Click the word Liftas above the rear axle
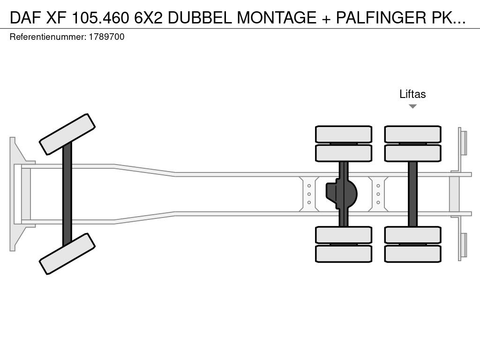pos(412,94)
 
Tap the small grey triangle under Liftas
pos(412,106)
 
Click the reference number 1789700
pos(106,37)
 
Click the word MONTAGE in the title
pos(277,17)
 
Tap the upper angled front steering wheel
pos(67,135)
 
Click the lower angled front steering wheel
pos(67,254)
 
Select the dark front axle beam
pos(67,194)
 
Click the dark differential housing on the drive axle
pos(341,194)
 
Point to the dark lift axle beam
pos(412,194)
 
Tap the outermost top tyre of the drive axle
pos(344,134)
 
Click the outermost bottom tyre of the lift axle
pos(412,254)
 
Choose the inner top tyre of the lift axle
pos(412,153)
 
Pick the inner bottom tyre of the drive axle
pos(344,235)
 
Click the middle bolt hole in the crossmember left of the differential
pos(309,194)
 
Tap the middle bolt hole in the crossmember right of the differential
pos(378,194)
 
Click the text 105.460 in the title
pos(100,17)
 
